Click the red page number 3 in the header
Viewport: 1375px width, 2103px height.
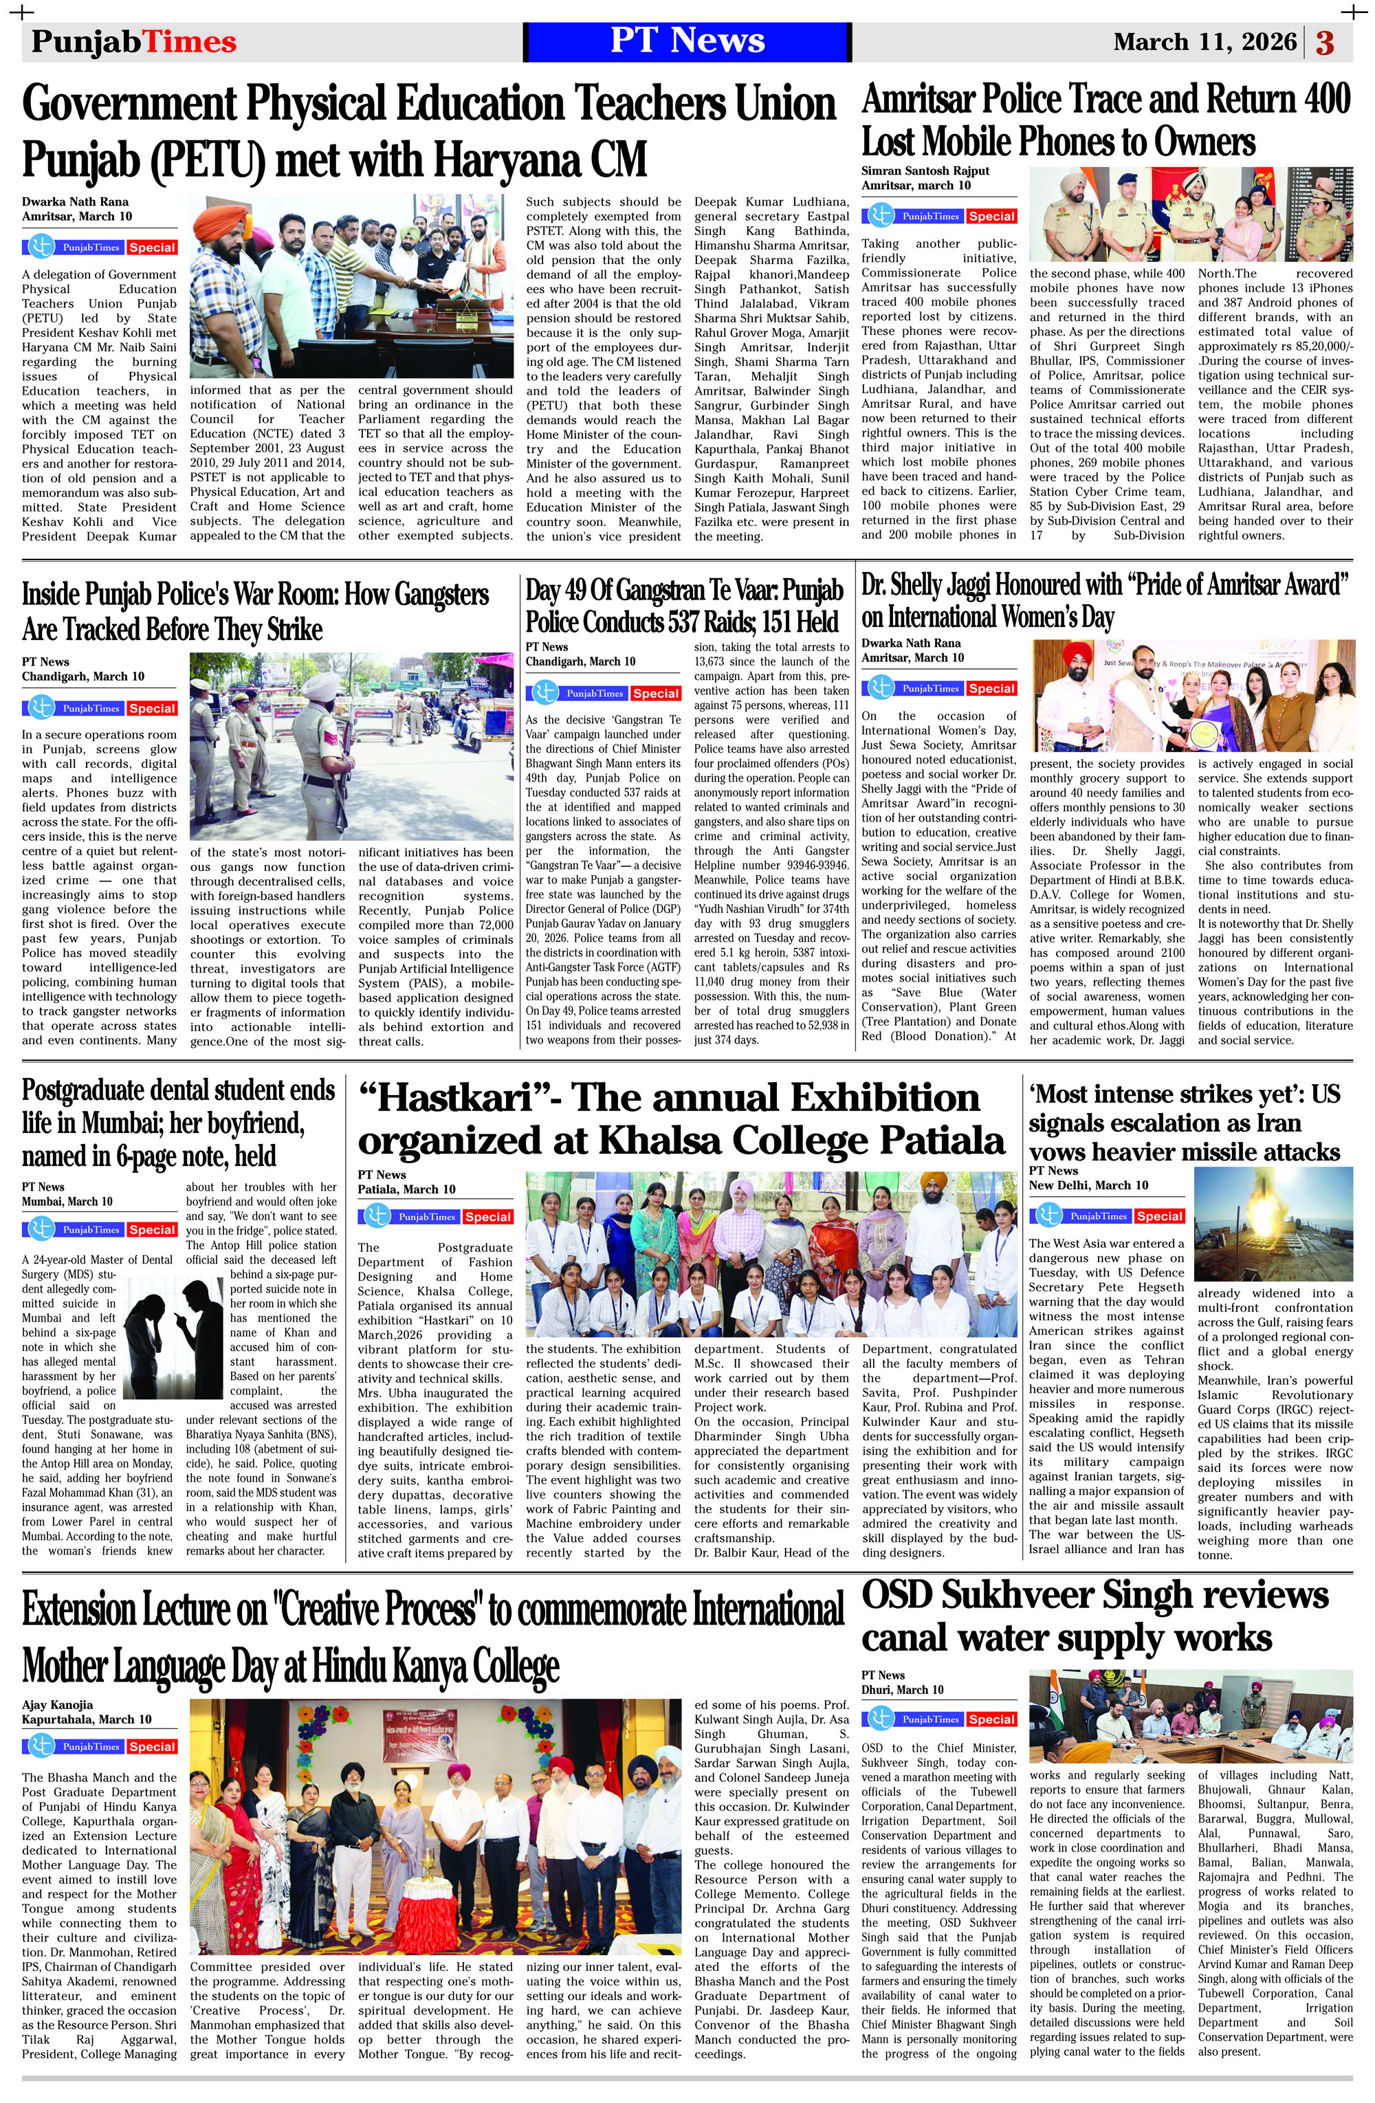(x=1325, y=43)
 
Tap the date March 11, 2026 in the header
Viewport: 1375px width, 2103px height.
(x=1204, y=41)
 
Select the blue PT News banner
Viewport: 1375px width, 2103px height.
(x=687, y=41)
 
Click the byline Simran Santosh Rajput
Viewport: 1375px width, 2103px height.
(x=925, y=170)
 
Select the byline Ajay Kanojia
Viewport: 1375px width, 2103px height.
(x=58, y=1704)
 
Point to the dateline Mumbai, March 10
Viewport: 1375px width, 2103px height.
(x=67, y=1201)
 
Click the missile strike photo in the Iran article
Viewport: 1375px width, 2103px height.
(x=1273, y=1224)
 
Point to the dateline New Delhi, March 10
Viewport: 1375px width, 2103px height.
(x=1089, y=1185)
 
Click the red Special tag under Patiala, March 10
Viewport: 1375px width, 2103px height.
(x=488, y=1217)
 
